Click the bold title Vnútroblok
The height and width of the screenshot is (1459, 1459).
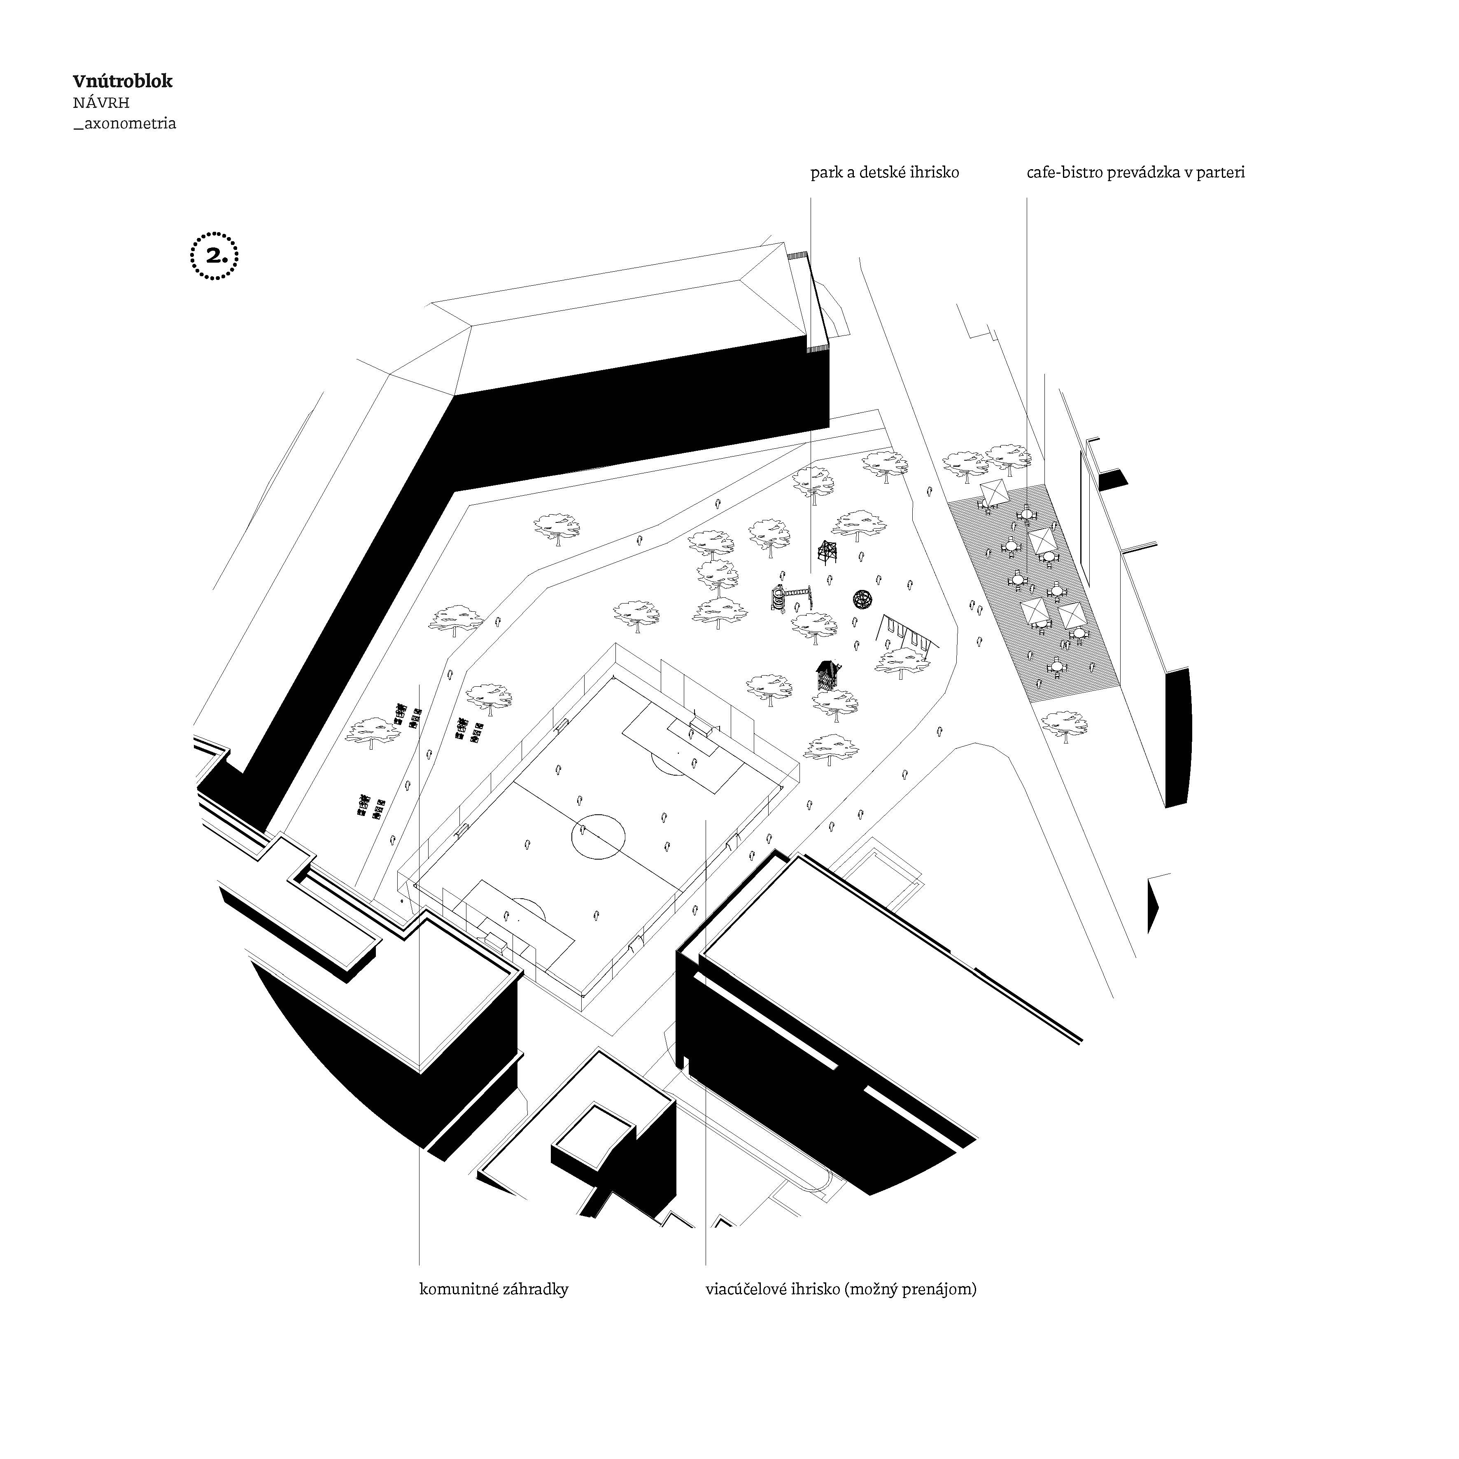tap(122, 82)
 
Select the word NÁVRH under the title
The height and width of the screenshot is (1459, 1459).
tap(101, 103)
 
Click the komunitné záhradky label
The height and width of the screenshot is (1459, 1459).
tap(493, 1289)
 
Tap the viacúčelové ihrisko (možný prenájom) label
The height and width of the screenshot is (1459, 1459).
tap(841, 1289)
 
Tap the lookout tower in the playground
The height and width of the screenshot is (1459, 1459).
tap(827, 554)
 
